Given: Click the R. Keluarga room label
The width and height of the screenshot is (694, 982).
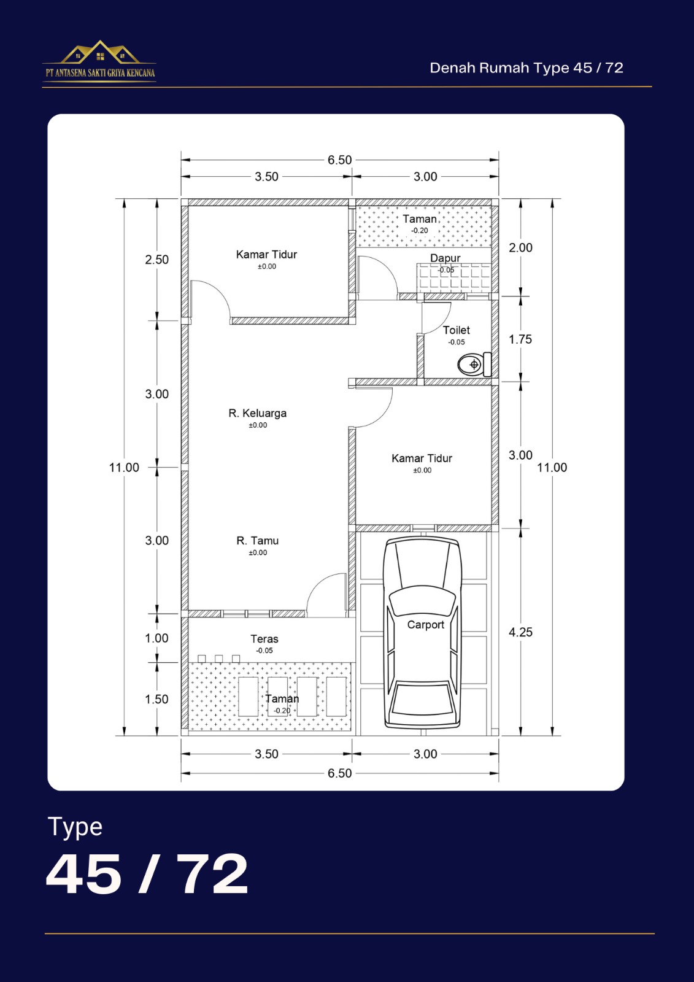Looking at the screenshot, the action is [x=257, y=413].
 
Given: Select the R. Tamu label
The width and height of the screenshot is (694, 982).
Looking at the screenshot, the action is [x=257, y=541].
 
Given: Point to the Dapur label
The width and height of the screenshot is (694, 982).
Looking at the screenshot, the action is [x=445, y=258].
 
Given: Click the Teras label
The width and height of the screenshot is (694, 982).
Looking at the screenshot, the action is [x=264, y=639].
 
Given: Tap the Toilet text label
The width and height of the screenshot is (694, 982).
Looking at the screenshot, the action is [x=456, y=330].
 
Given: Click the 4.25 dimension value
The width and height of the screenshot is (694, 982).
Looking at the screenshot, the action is [x=520, y=632].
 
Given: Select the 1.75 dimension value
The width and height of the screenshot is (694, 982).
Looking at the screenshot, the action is [x=520, y=339].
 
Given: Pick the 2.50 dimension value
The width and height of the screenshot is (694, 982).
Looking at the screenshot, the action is [x=157, y=260].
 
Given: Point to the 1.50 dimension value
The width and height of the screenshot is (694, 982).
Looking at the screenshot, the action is [x=157, y=699].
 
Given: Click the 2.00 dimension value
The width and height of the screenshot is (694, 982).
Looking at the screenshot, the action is [x=521, y=248].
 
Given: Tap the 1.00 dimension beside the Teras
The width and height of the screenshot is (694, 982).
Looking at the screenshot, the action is [x=157, y=638].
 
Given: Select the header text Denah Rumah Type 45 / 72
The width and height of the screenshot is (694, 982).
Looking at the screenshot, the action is [x=526, y=68].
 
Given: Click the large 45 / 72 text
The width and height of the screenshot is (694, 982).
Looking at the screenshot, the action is [x=147, y=873].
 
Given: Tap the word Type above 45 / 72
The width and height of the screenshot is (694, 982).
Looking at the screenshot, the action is [x=75, y=828].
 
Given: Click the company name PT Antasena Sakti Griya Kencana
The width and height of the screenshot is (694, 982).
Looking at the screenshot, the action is [x=100, y=73].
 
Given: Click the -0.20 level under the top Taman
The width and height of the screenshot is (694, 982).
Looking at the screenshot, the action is [x=420, y=231].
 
